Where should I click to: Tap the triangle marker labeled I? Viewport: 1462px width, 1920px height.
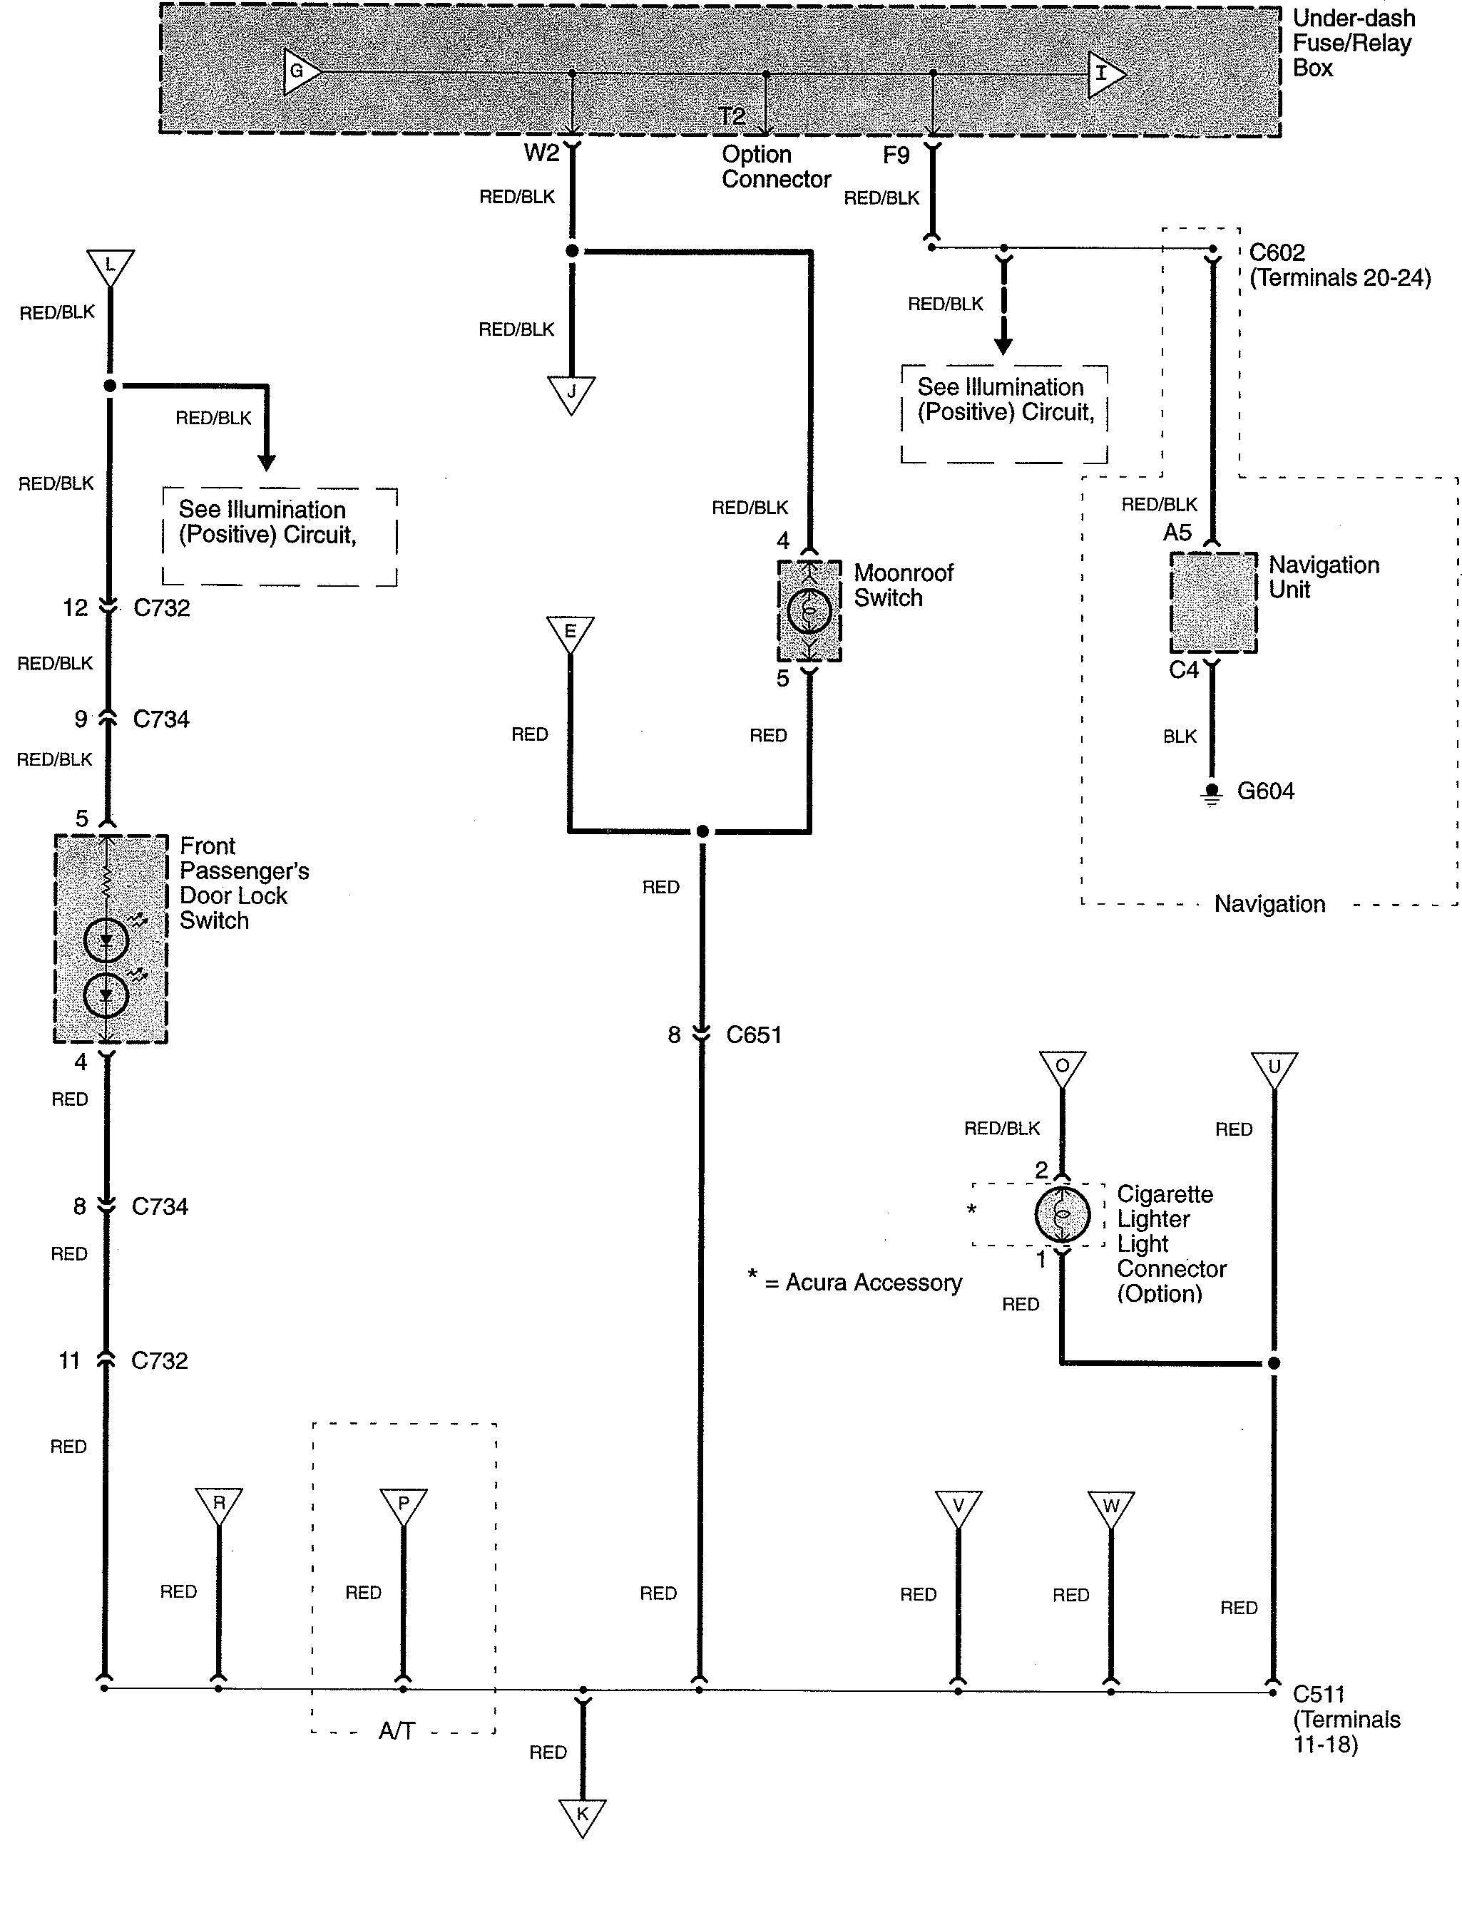point(1104,74)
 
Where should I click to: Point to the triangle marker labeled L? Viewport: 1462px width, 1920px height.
point(110,265)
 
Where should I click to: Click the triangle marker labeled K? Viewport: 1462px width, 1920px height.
point(582,1816)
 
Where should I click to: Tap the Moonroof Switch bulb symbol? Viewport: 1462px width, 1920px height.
point(809,611)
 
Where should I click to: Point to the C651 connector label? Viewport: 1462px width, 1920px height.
point(754,1035)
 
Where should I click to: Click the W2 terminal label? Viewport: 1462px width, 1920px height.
point(541,154)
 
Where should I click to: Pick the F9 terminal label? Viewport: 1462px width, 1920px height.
point(896,155)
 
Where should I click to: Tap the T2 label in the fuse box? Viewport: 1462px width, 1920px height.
point(732,115)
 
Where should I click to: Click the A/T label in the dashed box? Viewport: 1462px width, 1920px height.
point(397,1731)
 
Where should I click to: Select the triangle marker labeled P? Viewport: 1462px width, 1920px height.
point(403,1505)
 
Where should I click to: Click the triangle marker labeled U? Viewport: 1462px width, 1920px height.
point(1274,1068)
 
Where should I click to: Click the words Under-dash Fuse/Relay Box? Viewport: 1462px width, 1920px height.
point(1352,43)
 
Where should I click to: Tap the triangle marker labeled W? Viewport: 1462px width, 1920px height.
point(1110,1506)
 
